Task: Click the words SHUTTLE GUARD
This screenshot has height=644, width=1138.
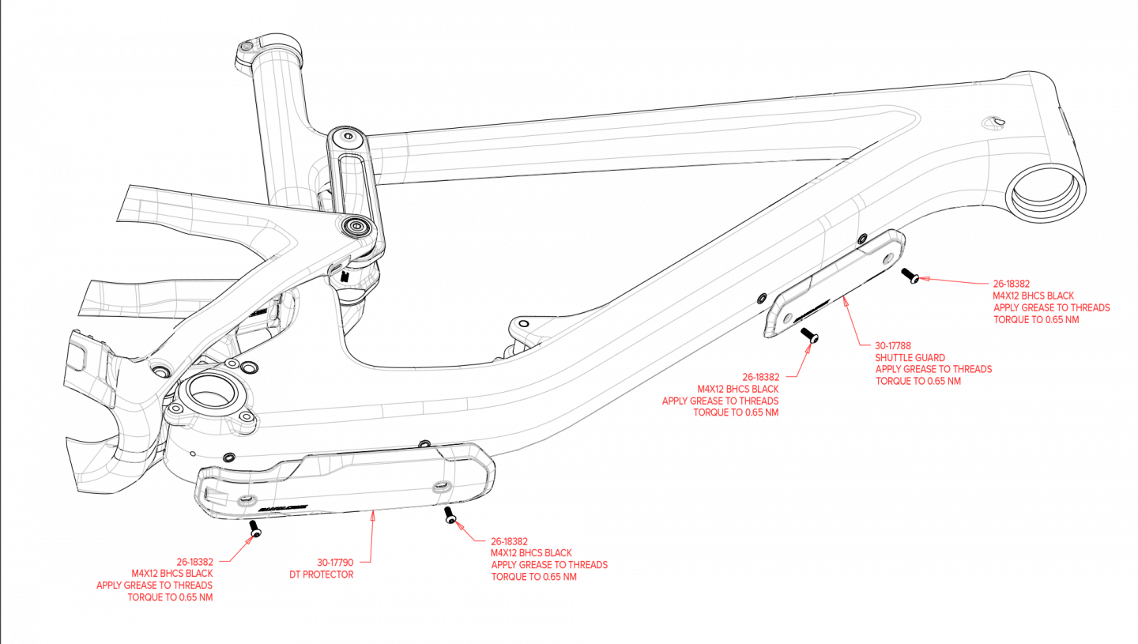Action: [910, 358]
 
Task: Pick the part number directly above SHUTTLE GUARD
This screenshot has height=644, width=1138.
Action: [893, 346]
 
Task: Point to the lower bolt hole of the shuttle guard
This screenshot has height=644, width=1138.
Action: [786, 318]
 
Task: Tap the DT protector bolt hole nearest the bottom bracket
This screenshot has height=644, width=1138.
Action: [243, 501]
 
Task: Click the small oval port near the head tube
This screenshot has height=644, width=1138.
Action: [992, 122]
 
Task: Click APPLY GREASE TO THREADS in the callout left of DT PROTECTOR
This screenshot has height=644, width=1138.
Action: [154, 586]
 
